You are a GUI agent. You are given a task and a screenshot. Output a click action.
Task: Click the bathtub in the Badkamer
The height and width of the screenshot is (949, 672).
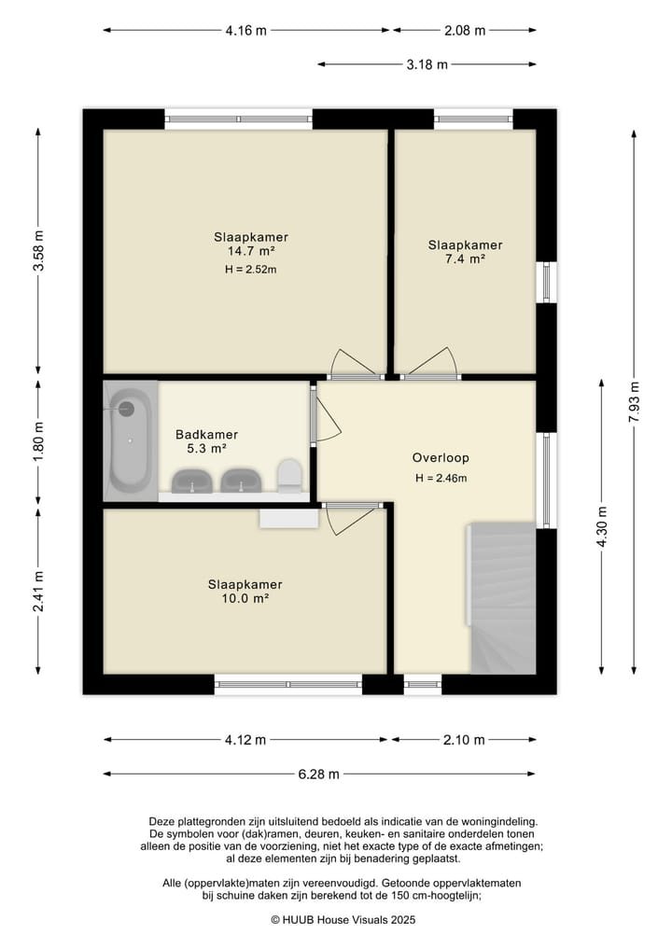130,440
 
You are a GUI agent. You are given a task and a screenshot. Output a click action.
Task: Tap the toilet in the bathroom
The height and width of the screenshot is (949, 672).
289,475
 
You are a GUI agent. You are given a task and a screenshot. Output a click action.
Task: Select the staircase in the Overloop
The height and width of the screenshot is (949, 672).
502,598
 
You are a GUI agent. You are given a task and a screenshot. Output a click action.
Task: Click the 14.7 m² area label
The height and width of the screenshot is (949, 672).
251,251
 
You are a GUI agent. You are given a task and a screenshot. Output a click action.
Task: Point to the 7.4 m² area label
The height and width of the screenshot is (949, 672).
465,259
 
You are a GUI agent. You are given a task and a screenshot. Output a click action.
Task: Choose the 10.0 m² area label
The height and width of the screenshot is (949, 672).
245,598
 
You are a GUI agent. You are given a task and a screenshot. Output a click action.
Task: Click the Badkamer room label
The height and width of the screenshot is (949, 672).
206,435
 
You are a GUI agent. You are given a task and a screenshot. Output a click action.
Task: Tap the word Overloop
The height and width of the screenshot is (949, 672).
441,458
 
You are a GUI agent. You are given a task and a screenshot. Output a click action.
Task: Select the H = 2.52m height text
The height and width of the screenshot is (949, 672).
251,270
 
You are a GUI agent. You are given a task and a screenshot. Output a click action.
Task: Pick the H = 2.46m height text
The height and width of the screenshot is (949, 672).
441,478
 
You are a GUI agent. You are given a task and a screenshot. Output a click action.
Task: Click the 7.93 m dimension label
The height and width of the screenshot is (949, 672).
634,402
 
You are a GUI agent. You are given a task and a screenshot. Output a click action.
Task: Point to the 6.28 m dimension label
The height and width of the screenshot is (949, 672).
319,775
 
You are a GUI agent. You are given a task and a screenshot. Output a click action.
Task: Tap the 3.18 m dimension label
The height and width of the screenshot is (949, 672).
427,64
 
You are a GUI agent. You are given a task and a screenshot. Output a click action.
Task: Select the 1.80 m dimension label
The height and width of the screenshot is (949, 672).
38,441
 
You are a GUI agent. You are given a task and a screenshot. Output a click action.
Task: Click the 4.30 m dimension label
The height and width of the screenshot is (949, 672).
601,526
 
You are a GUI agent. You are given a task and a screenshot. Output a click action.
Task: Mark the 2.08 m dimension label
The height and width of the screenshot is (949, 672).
465,30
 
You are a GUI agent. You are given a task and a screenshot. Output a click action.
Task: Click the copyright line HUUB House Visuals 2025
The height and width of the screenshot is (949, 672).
343,920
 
